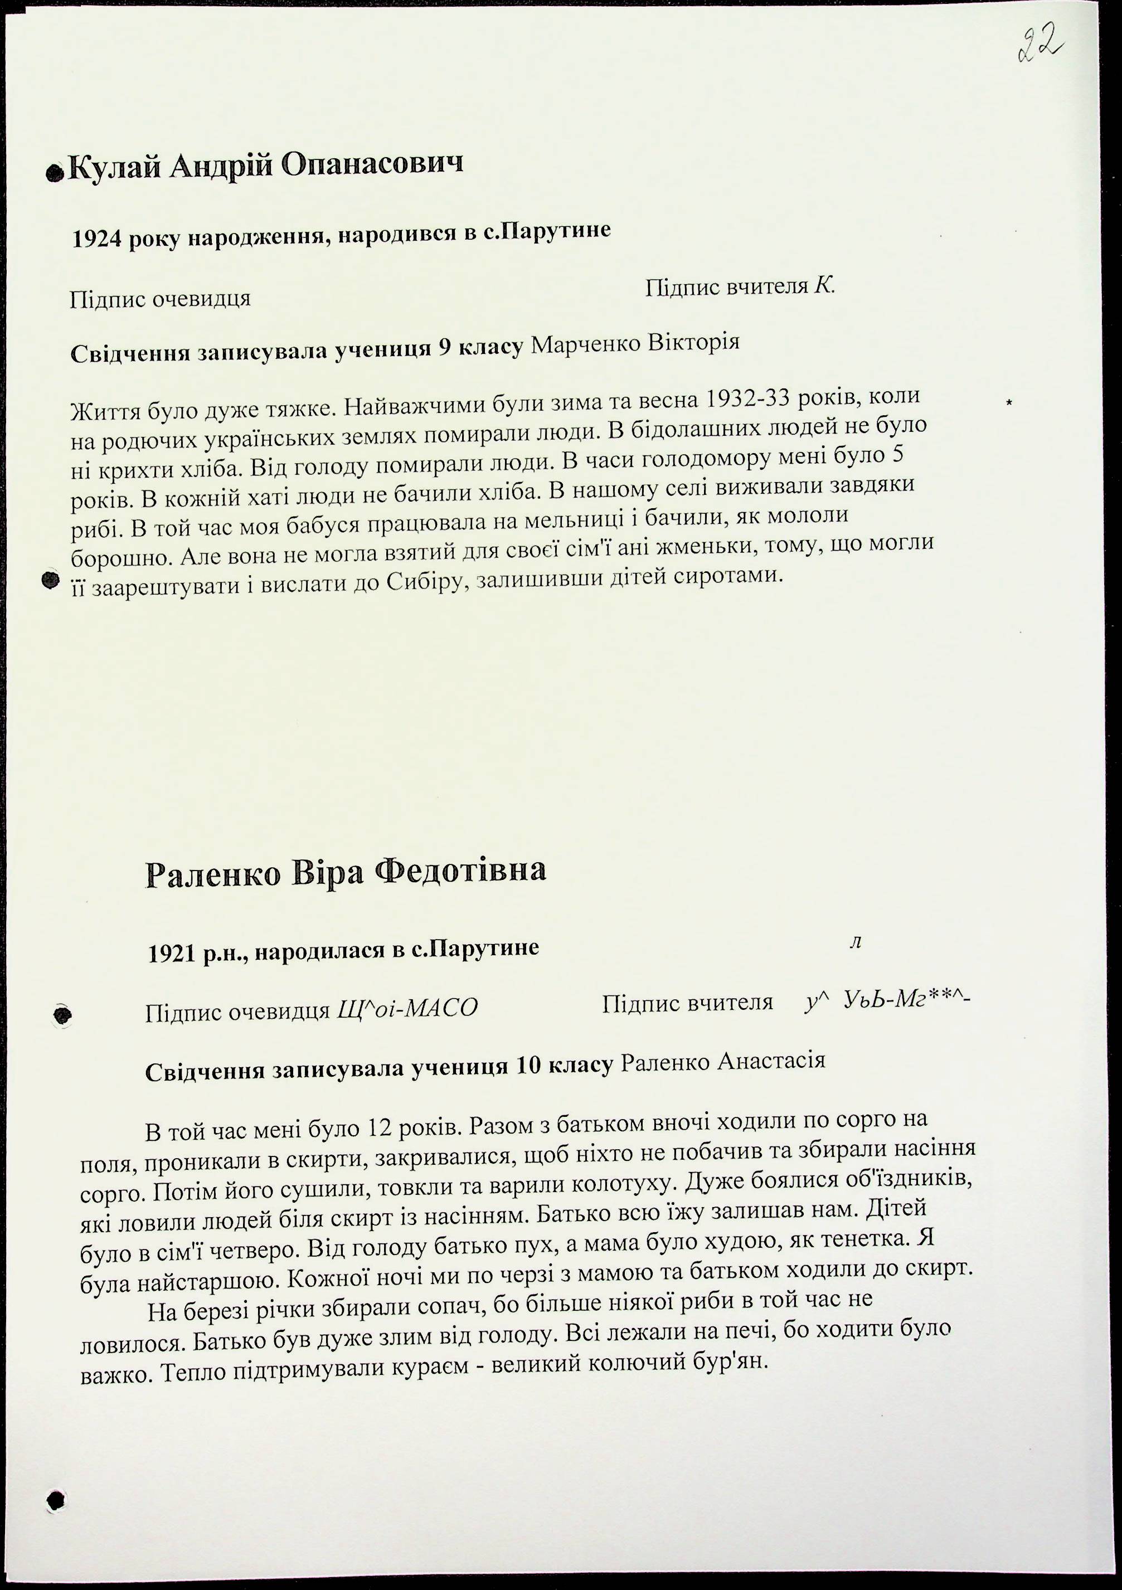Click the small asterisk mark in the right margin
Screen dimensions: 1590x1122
1009,402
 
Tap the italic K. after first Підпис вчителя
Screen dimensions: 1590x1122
824,286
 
